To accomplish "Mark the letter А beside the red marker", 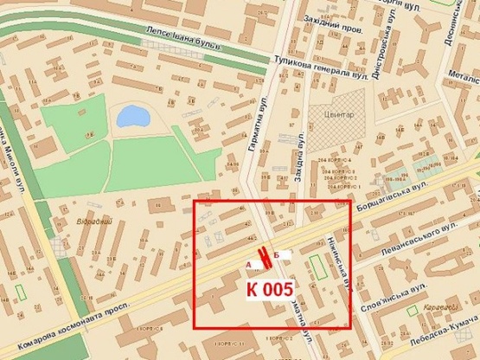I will (x=250, y=262).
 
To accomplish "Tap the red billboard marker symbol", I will (x=262, y=259).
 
